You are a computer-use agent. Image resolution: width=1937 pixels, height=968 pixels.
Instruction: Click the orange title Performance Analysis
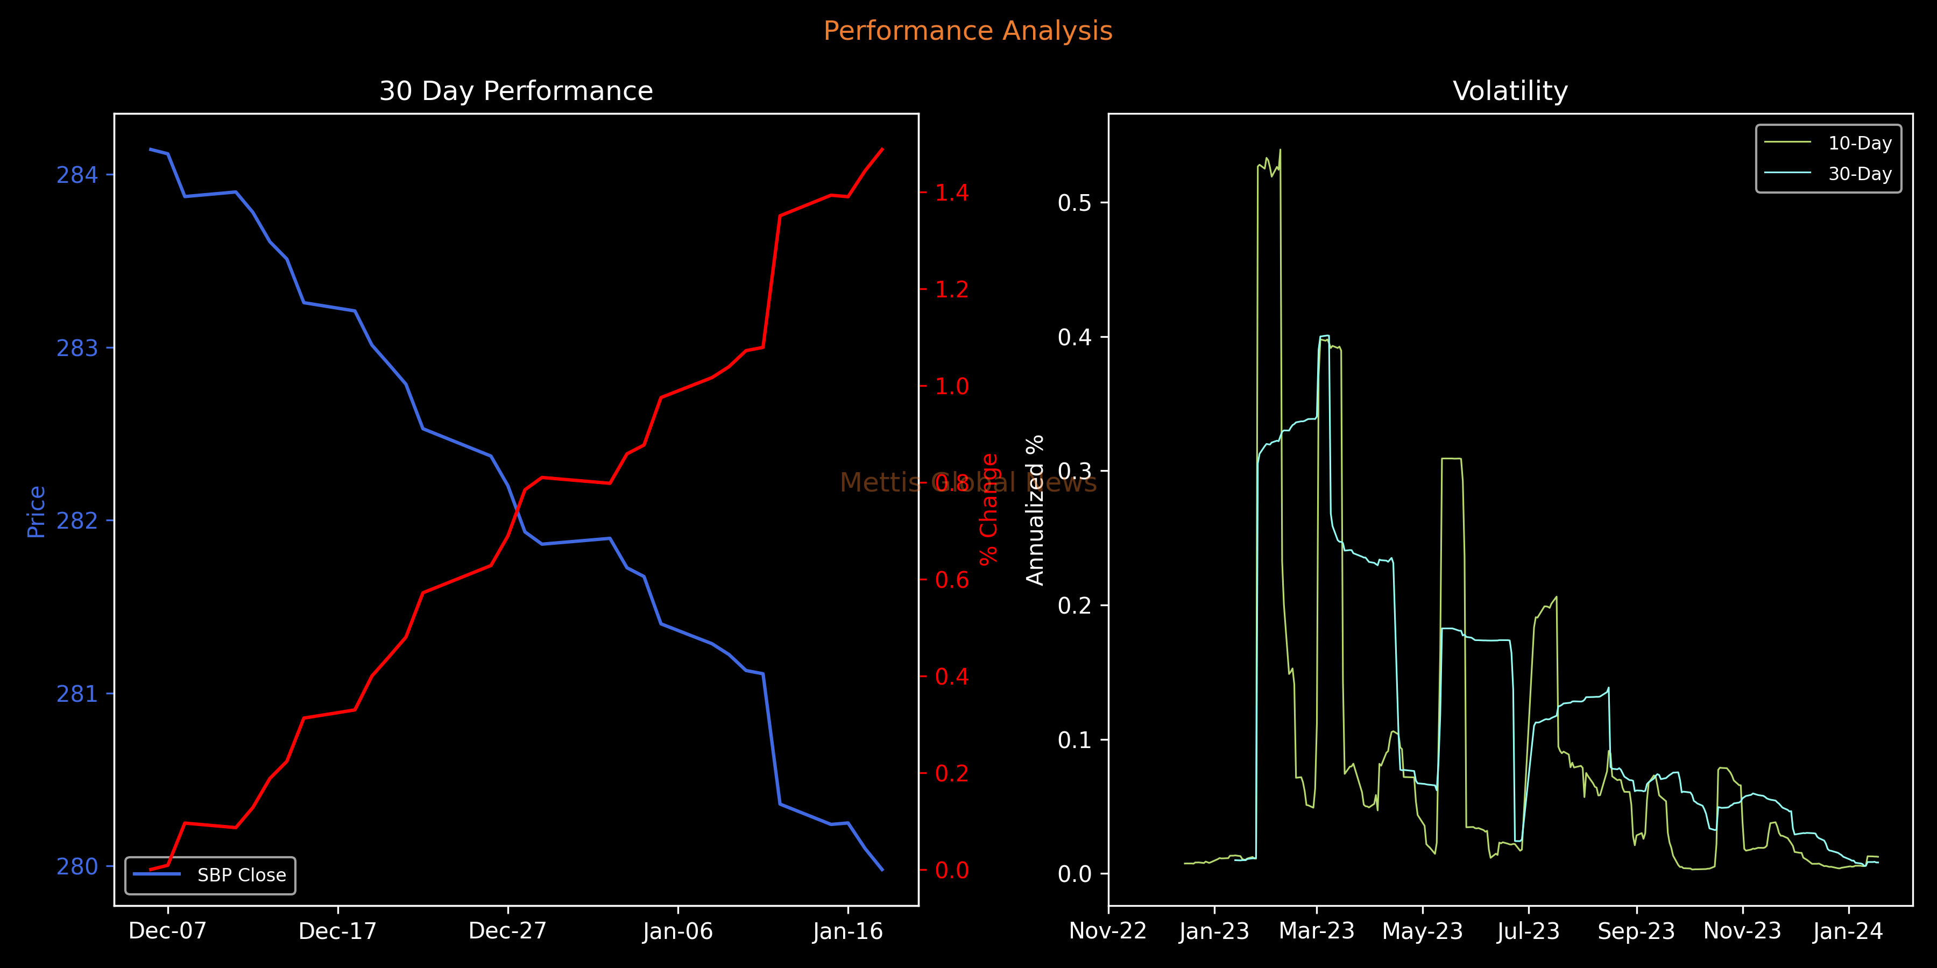tap(968, 31)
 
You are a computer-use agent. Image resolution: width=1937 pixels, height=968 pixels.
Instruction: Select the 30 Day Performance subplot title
tap(516, 91)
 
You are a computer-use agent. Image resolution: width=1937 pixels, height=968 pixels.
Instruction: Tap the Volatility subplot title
tap(1510, 91)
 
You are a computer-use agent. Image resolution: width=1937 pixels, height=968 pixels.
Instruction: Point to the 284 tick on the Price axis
tap(77, 175)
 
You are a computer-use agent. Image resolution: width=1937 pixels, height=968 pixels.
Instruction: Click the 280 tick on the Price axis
tap(77, 866)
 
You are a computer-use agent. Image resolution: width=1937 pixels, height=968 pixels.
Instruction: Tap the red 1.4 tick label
tap(952, 193)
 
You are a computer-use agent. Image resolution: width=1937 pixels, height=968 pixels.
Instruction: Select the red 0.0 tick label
tap(952, 870)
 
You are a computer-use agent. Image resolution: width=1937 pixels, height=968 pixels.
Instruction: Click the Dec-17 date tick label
tap(337, 931)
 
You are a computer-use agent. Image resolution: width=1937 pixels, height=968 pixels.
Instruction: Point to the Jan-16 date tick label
tap(847, 931)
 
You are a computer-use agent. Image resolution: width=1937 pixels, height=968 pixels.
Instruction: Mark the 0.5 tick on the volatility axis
tap(1074, 203)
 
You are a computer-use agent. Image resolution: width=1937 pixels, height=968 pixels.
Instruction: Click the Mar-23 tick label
tap(1317, 931)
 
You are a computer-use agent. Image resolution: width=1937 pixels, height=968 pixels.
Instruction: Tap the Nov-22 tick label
tap(1108, 931)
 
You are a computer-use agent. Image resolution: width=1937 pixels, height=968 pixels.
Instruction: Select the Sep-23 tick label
tap(1636, 931)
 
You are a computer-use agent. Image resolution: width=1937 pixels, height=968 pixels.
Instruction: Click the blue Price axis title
tap(36, 512)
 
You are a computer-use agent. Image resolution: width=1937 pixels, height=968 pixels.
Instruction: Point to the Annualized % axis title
tap(1035, 510)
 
